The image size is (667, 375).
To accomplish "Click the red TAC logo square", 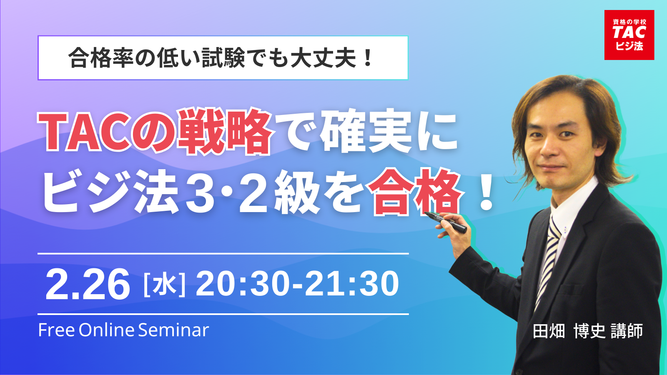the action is click(x=629, y=35).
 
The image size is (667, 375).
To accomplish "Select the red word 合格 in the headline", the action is click(x=415, y=192).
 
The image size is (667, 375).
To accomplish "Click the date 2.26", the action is click(x=88, y=284).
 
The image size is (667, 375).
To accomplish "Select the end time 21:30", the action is click(x=352, y=284).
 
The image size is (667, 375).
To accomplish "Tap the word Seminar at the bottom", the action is click(x=173, y=330).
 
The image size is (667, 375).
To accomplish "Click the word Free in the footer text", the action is click(x=56, y=330).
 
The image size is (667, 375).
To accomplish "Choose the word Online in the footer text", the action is click(x=107, y=330).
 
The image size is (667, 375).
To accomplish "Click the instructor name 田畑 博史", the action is click(x=569, y=331).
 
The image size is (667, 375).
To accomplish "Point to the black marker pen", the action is click(x=446, y=222).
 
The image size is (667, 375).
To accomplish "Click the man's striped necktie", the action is click(x=547, y=262).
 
